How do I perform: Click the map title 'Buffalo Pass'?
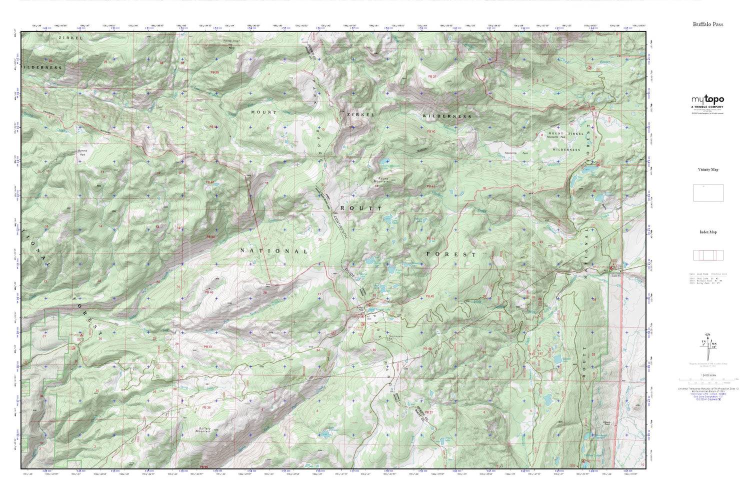pyautogui.click(x=707, y=24)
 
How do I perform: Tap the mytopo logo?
pyautogui.click(x=707, y=99)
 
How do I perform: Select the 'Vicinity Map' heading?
pyautogui.click(x=707, y=169)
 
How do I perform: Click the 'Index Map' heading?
pyautogui.click(x=707, y=232)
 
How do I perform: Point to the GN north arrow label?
pyautogui.click(x=707, y=334)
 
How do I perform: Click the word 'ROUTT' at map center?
pyautogui.click(x=361, y=208)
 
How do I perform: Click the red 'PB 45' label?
pyautogui.click(x=430, y=296)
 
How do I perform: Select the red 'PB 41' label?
pyautogui.click(x=431, y=186)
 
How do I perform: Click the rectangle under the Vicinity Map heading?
pyautogui.click(x=707, y=192)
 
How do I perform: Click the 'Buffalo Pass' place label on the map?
pyautogui.click(x=358, y=308)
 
